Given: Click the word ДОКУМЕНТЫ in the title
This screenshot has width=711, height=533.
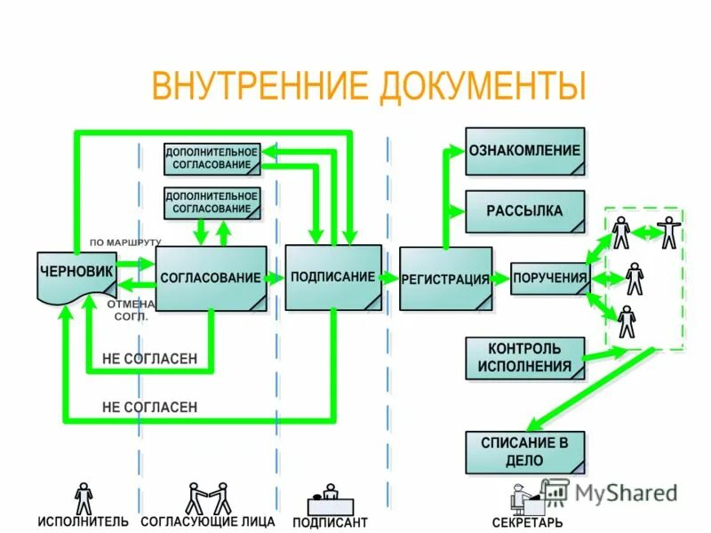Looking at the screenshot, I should [x=484, y=88].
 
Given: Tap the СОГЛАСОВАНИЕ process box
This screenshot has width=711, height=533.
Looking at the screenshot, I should [x=211, y=277].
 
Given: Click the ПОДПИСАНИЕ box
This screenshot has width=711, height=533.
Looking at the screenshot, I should [x=333, y=276].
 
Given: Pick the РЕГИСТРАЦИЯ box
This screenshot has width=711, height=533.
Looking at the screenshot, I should [x=444, y=278].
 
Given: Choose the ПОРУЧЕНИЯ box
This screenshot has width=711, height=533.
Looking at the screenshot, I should [x=549, y=278].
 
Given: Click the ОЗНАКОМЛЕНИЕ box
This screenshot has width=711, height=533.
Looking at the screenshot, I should [x=524, y=151].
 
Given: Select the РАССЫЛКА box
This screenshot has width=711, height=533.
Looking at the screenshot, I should [x=524, y=211].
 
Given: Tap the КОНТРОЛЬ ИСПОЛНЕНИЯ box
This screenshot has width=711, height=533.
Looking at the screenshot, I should [x=524, y=358].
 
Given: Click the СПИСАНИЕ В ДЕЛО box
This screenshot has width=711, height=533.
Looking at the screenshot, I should [x=524, y=451].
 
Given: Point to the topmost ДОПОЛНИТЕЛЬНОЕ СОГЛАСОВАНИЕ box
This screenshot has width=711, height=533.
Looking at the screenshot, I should [x=212, y=159].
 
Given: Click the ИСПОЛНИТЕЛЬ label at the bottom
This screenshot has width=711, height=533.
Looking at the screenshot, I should [x=83, y=521].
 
